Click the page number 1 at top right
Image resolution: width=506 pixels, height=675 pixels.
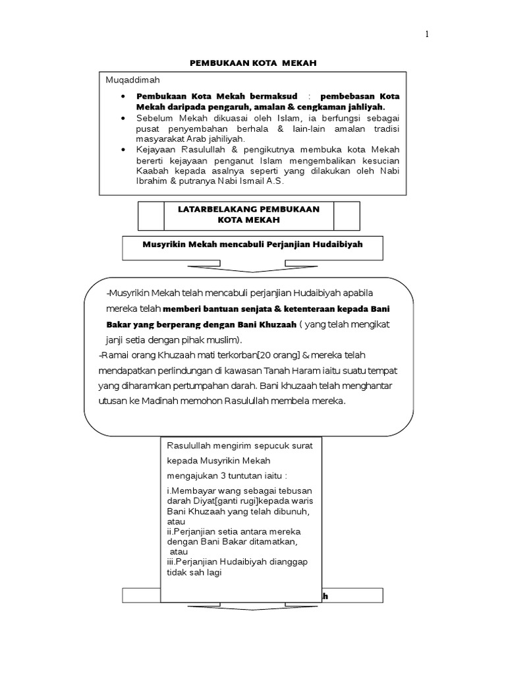[426, 36]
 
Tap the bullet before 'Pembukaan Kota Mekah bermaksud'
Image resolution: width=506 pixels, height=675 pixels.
[125, 96]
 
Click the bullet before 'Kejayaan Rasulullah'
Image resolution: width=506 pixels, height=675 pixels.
[125, 150]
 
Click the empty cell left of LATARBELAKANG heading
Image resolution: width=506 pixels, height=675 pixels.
[151, 216]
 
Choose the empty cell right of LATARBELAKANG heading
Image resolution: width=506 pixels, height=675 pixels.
[347, 216]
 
